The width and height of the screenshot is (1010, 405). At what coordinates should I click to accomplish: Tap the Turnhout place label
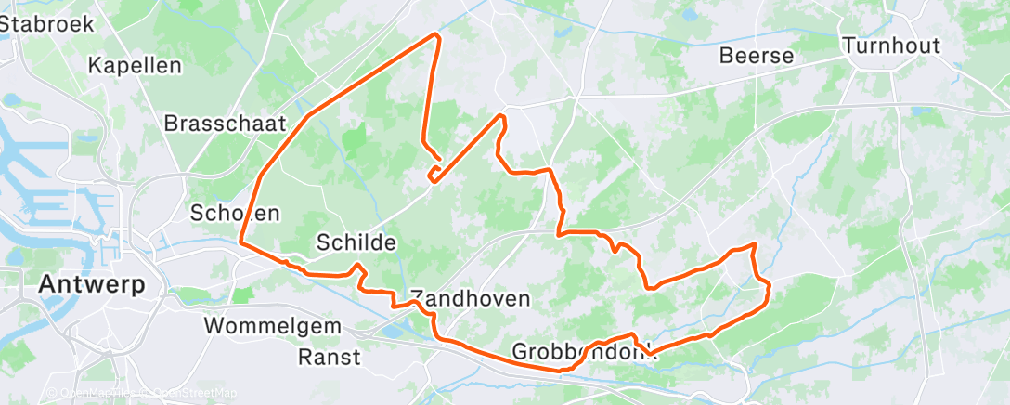tap(890, 46)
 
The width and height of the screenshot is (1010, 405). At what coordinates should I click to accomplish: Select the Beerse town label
tap(757, 56)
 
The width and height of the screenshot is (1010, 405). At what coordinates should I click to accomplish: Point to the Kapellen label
tap(135, 66)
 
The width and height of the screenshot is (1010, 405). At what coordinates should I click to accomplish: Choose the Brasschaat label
tap(225, 123)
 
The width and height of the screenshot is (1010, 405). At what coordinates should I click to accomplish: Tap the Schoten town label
tap(235, 213)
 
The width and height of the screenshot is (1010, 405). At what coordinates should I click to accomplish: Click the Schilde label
tap(356, 243)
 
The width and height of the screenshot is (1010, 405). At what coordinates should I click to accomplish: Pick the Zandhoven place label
tap(470, 299)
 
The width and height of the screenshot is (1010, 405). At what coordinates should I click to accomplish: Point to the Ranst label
tap(330, 356)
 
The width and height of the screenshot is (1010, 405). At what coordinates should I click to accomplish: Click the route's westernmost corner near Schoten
tap(240, 242)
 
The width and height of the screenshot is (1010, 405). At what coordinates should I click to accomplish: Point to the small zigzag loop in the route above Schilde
tap(434, 173)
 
